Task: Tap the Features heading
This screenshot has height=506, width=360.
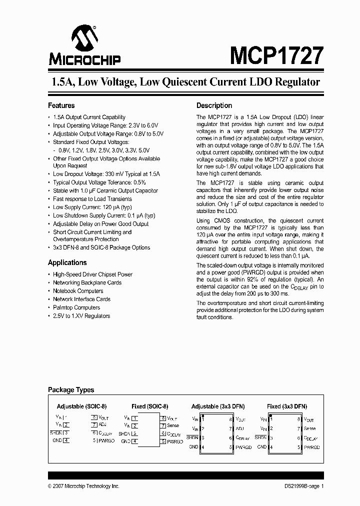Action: (61, 105)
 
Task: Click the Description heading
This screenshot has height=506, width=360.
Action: (214, 105)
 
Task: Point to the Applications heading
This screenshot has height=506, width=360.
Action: (67, 262)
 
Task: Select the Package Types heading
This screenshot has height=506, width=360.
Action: (70, 390)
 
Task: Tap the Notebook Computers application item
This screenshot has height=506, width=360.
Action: (78, 291)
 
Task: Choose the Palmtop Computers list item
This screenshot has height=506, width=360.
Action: (76, 307)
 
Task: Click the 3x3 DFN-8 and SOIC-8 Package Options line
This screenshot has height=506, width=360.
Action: (101, 247)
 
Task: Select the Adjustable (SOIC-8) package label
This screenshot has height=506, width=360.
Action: (81, 406)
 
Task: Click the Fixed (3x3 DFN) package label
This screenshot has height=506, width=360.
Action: (286, 406)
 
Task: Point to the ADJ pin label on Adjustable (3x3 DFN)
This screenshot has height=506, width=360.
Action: (239, 428)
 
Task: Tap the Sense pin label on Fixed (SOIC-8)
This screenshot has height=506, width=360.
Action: (172, 425)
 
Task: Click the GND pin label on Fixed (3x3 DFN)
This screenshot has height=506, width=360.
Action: (261, 446)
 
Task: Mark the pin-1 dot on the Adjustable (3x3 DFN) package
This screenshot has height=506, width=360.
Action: (202, 416)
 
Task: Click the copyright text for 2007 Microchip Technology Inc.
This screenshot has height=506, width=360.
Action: (83, 486)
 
